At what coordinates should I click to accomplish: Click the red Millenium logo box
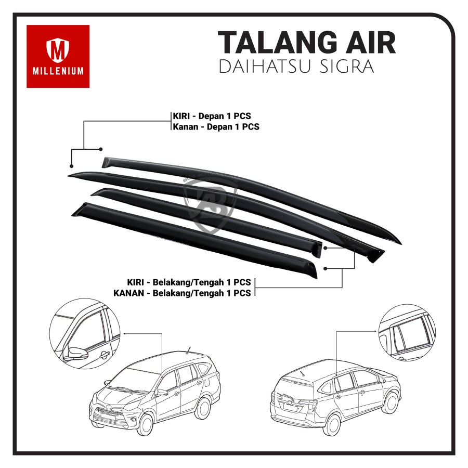[x=58, y=56]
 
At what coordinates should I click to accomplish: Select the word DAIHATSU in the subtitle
[x=265, y=68]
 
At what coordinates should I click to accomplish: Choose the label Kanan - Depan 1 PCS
[x=216, y=126]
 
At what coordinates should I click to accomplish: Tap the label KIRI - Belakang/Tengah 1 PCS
[x=189, y=282]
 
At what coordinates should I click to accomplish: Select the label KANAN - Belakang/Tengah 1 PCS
[x=182, y=293]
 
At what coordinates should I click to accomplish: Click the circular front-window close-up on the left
[x=85, y=333]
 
